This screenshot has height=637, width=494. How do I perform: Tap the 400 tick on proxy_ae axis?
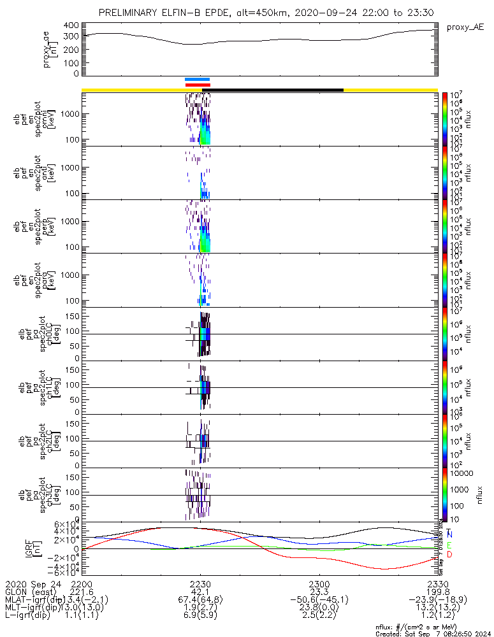tap(71, 25)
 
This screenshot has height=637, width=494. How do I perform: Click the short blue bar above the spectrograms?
tap(197, 80)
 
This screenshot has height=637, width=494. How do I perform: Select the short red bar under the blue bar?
tap(197, 85)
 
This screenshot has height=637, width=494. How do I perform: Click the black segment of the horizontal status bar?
tap(274, 90)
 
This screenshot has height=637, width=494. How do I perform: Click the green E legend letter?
tap(450, 545)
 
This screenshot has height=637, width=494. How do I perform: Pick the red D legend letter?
tap(450, 555)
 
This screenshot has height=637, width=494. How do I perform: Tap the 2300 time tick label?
tap(319, 583)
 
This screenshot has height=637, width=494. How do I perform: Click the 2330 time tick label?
tap(438, 583)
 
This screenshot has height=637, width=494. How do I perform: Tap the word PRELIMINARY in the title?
tap(133, 13)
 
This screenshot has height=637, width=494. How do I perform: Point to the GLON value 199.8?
tap(438, 592)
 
